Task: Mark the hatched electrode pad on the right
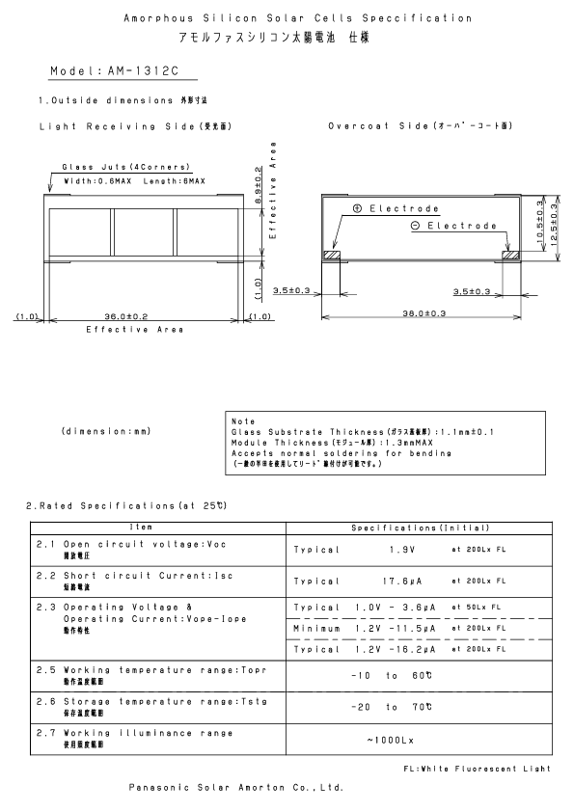pyautogui.click(x=510, y=256)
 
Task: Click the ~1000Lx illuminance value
pyautogui.click(x=391, y=740)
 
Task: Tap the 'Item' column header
pyautogui.click(x=159, y=528)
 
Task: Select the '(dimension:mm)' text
pyautogui.click(x=104, y=430)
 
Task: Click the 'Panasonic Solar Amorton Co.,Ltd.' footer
pyautogui.click(x=236, y=787)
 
